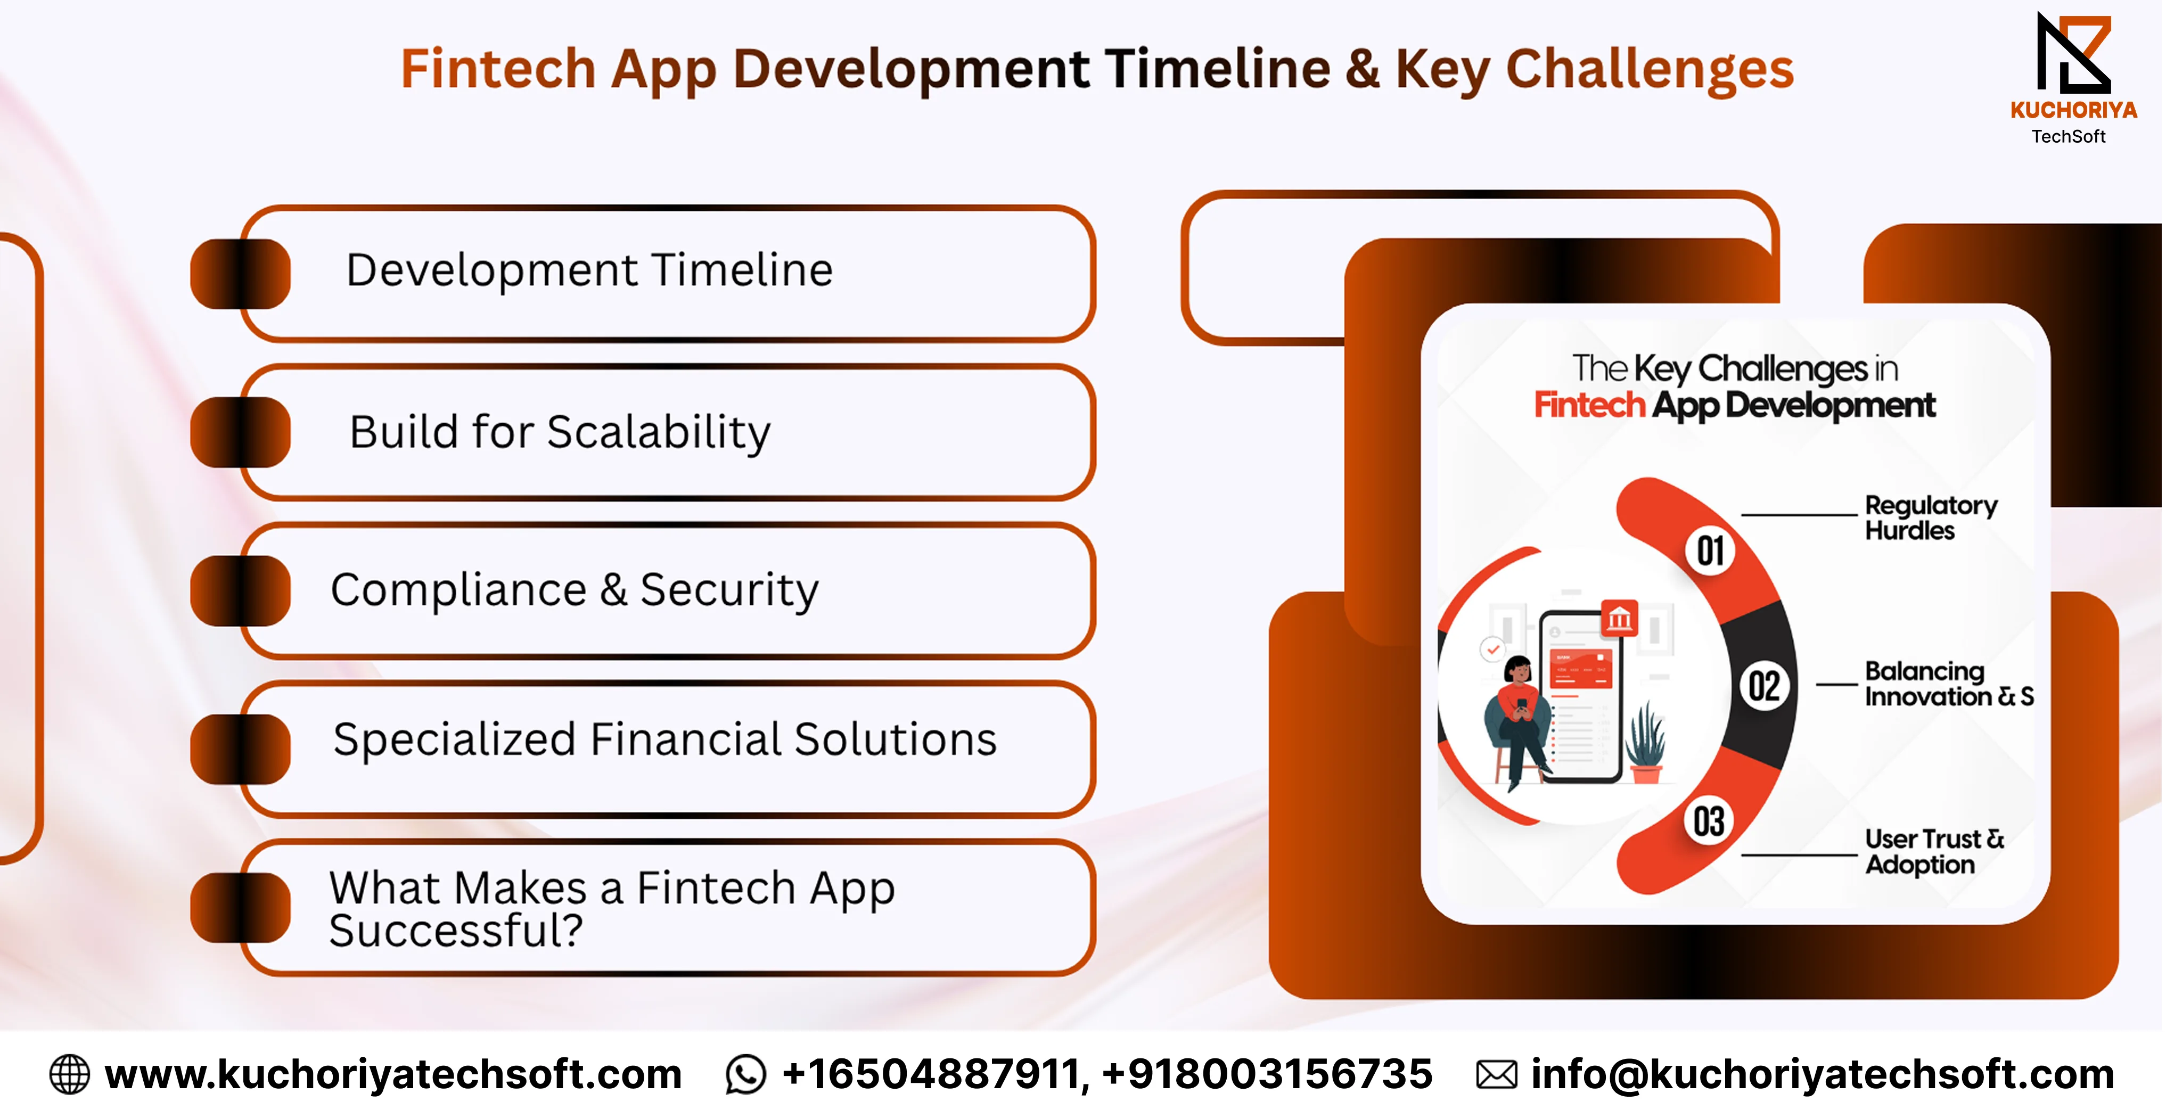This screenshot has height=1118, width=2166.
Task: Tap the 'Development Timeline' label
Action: (589, 270)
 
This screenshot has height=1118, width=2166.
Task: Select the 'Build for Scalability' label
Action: (560, 432)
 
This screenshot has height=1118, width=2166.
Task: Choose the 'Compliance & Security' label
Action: (575, 590)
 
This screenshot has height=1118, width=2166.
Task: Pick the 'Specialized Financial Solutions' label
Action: (665, 739)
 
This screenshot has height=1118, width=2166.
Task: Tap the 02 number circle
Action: (1764, 686)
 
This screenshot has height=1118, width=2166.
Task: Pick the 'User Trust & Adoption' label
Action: (1934, 851)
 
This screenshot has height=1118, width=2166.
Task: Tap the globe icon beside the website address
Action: (69, 1075)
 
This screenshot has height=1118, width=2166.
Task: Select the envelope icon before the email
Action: (1497, 1075)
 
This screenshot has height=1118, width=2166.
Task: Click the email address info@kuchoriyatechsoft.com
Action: (1822, 1075)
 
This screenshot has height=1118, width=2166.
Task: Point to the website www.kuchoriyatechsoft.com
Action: (392, 1075)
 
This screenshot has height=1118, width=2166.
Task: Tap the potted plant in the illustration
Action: (1644, 744)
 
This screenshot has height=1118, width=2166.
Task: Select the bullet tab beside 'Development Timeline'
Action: (241, 274)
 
